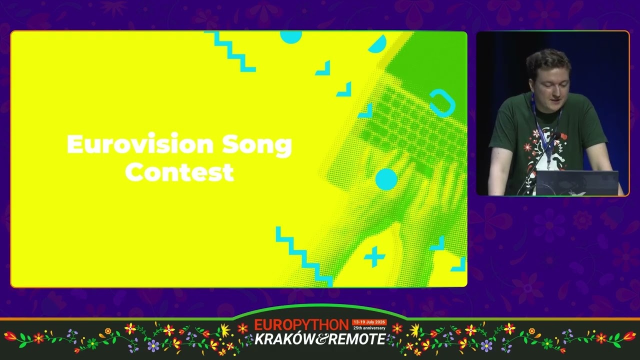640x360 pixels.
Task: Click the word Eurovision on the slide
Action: (140, 144)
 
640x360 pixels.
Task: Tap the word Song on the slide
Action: (257, 145)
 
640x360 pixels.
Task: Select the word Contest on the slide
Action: (179, 172)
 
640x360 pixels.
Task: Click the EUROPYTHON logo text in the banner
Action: (301, 325)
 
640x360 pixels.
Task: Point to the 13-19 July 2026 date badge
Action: (369, 322)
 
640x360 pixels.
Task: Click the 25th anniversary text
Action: (369, 328)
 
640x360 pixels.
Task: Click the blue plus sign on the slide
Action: (374, 256)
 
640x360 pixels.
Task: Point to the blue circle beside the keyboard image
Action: (386, 179)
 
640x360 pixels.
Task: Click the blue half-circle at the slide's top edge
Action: (291, 37)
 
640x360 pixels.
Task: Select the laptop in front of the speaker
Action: (577, 183)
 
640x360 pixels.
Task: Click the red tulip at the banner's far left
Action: (11, 336)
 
